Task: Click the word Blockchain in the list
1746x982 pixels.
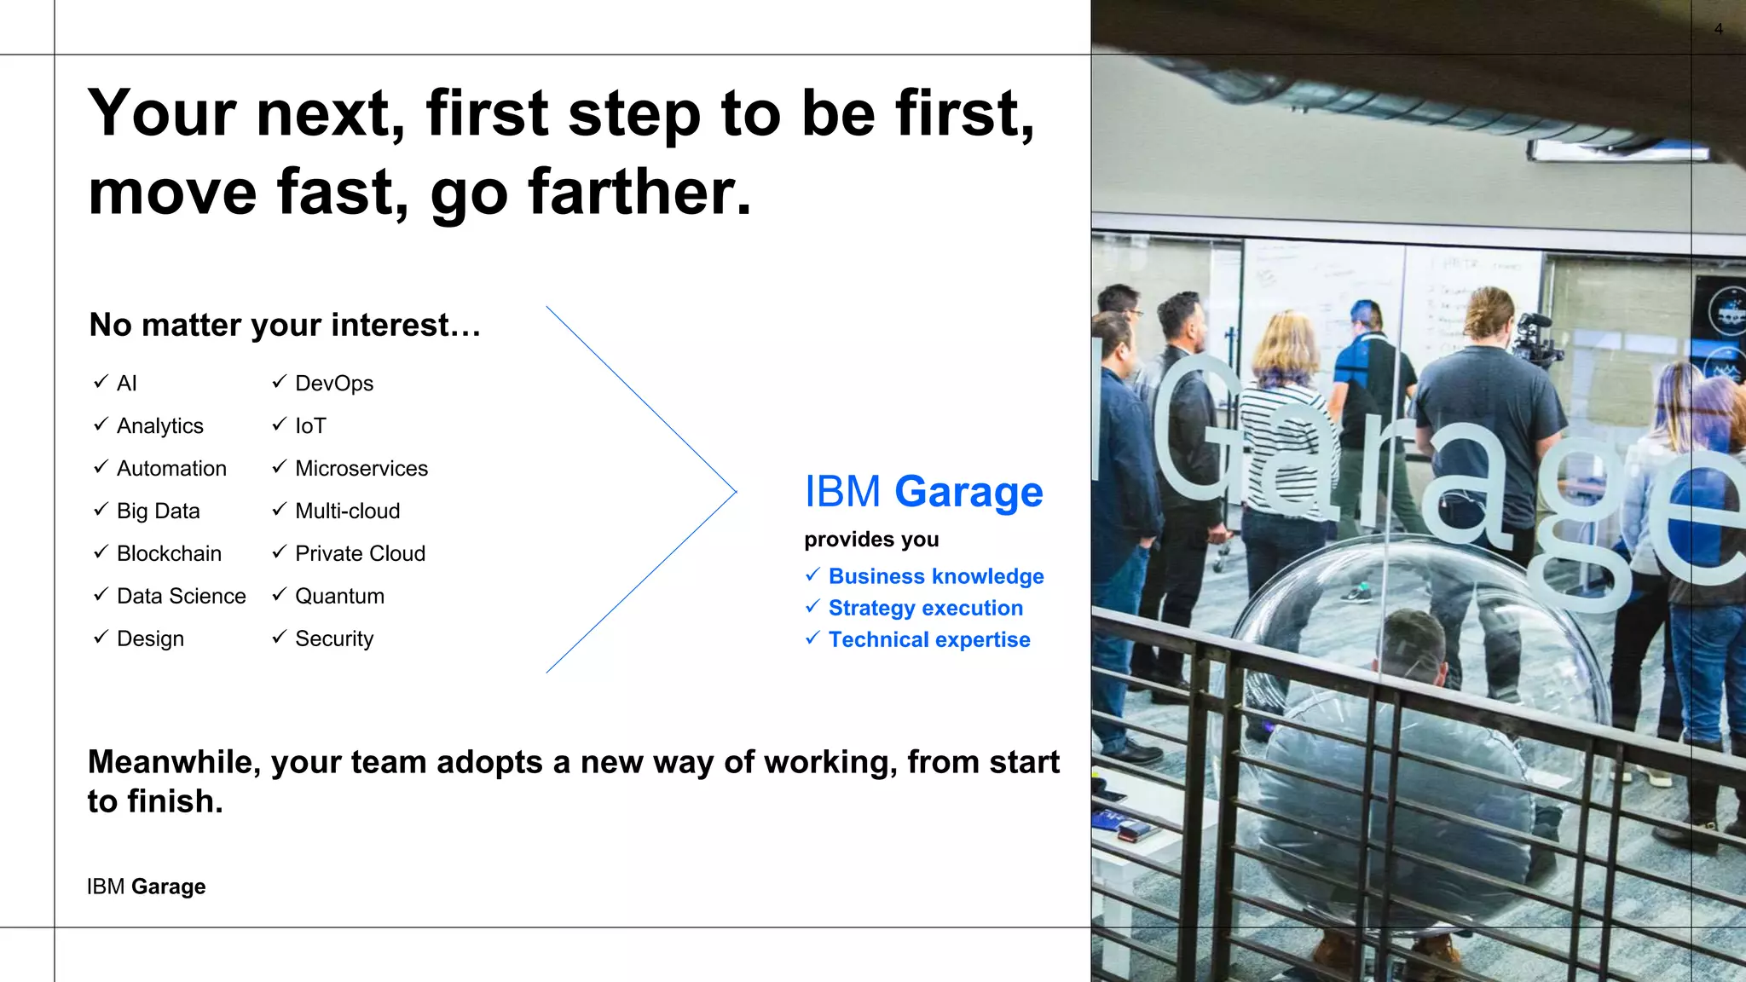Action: [x=169, y=553]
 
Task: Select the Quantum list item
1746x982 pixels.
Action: [x=339, y=596]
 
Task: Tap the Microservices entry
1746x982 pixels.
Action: [x=361, y=468]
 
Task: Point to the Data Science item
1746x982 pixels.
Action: [x=181, y=596]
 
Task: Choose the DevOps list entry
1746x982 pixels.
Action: [x=334, y=383]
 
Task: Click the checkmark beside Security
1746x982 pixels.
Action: [x=279, y=637]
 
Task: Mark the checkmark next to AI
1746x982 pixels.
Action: [x=101, y=381]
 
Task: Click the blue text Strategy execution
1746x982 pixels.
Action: [x=925, y=608]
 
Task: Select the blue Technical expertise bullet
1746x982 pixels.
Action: [x=929, y=639]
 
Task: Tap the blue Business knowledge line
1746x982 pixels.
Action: [x=936, y=576]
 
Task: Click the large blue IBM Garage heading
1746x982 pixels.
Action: [x=923, y=492]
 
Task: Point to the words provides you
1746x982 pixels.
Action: [x=871, y=540]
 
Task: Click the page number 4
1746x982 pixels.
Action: [x=1718, y=29]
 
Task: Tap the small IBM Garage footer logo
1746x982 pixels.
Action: [x=146, y=887]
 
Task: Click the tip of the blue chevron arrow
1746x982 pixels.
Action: [x=734, y=491]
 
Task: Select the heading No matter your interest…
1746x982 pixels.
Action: [x=285, y=325]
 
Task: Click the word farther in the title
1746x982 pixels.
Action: [x=639, y=192]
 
